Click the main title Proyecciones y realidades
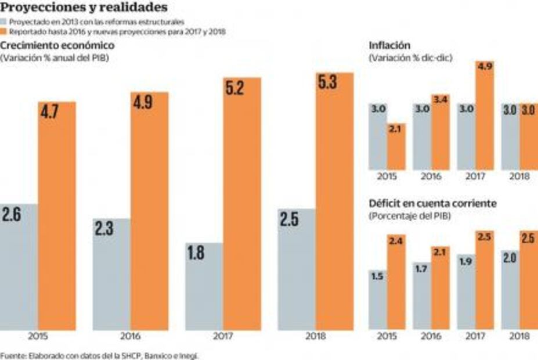[x=85, y=8]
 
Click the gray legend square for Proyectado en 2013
[x=3, y=21]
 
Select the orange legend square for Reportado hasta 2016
[x=3, y=32]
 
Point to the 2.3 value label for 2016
[x=105, y=228]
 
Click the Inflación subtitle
[x=390, y=45]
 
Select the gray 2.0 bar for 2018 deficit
[x=510, y=293]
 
